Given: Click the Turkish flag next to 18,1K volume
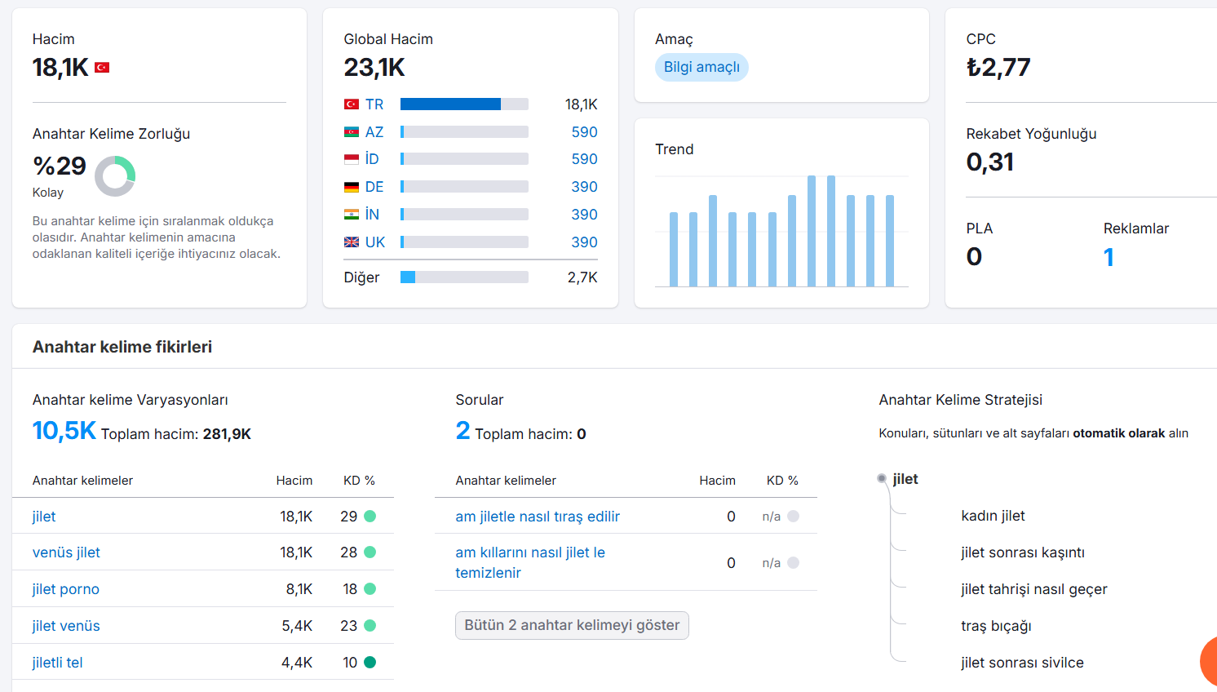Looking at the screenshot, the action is (102, 68).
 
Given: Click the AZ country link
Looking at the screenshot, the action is (374, 131).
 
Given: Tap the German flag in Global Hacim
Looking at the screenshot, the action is (352, 187).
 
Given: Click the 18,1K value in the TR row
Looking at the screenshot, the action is (581, 104).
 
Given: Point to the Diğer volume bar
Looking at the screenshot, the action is (464, 277).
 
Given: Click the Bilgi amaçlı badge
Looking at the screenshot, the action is (701, 68).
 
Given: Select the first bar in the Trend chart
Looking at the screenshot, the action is (674, 249).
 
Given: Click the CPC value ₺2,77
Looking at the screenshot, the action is (998, 68).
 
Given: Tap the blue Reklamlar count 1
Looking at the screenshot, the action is (1109, 257).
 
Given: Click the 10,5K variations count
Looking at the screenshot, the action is (64, 431).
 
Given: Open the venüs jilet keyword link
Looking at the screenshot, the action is (66, 552).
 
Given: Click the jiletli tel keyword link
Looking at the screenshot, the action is (58, 663).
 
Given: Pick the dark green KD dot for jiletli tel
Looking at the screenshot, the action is (370, 662).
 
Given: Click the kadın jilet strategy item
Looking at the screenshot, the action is (994, 516).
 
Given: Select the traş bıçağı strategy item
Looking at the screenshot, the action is (997, 626).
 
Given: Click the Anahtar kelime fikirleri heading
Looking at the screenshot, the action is (122, 347).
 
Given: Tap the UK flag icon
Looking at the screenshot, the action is (352, 242).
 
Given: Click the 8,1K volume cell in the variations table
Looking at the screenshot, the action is (299, 589).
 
